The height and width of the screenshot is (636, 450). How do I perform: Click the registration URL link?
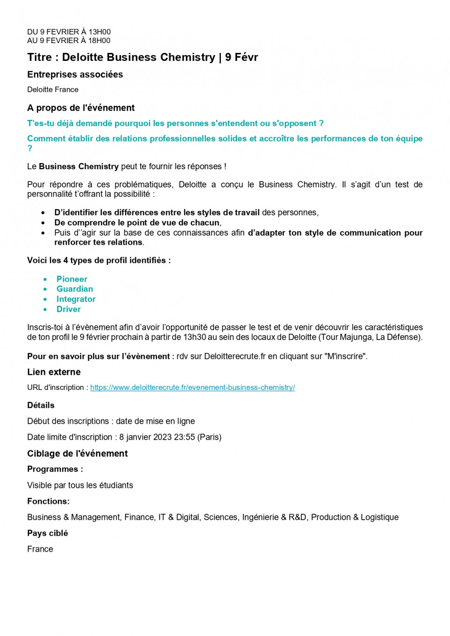point(192,388)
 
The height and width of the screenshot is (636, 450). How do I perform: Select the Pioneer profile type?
point(72,279)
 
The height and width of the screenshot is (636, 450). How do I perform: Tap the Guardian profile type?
point(75,289)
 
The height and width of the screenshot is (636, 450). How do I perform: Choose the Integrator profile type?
point(76,299)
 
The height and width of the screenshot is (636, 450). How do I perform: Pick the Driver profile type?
point(68,309)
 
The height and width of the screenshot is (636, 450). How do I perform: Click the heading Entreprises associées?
point(75,75)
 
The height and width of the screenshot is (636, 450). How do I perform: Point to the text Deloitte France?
point(52,90)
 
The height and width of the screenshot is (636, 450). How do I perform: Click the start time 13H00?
point(100,32)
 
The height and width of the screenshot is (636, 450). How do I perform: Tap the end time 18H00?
point(99,41)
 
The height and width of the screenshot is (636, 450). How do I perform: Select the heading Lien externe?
point(54,372)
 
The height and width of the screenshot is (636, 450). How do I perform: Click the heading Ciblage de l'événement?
point(77,454)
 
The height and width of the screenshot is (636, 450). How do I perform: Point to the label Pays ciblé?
point(47,533)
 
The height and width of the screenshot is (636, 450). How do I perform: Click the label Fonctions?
point(48,501)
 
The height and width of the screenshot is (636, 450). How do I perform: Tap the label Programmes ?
point(55,470)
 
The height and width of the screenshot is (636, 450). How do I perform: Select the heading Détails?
point(41,405)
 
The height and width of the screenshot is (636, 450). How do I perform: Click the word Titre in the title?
point(39,57)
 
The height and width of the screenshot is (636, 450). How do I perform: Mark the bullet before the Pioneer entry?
point(45,279)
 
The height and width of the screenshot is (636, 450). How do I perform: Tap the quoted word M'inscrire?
point(345,357)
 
